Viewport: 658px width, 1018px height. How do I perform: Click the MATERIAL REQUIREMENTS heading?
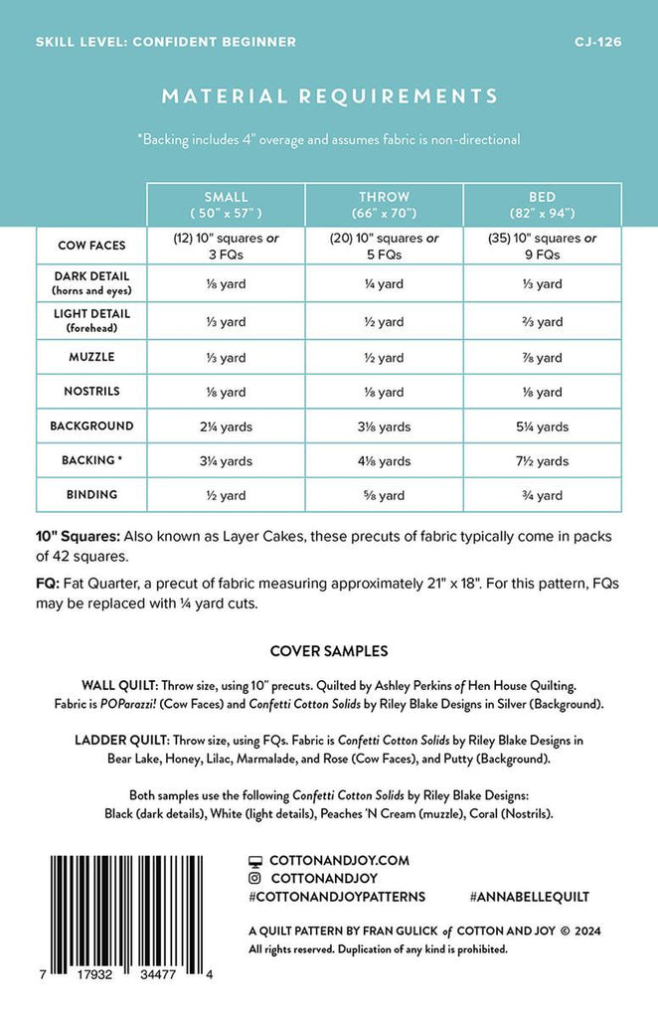click(329, 96)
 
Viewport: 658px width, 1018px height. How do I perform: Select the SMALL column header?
click(226, 204)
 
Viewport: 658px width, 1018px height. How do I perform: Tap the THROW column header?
click(384, 204)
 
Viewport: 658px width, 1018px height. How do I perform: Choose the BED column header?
click(542, 204)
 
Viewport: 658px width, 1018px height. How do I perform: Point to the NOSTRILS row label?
click(91, 391)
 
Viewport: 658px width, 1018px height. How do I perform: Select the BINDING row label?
click(91, 494)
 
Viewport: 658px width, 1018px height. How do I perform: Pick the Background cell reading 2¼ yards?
click(226, 426)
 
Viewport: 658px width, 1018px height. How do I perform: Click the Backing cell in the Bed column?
click(542, 461)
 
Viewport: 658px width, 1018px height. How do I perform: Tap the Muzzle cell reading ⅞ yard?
click(542, 357)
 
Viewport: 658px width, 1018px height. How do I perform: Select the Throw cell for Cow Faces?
click(384, 246)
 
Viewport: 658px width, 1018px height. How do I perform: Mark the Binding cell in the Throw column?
click(384, 495)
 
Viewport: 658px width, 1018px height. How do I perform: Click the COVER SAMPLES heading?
click(329, 652)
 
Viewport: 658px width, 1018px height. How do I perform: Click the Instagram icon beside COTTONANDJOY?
click(255, 879)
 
